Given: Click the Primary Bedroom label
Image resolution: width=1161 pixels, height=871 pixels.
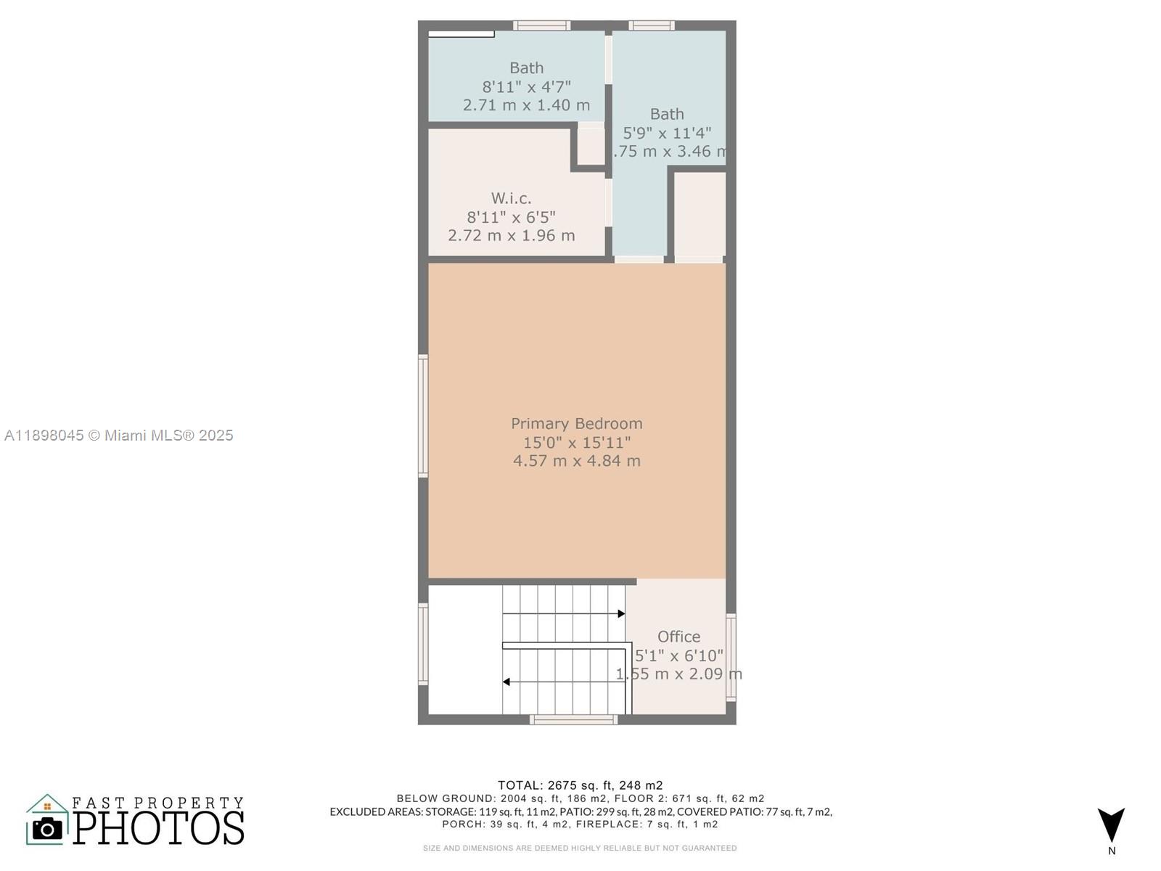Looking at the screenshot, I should (576, 423).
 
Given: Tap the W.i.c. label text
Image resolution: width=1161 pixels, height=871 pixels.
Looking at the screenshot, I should (511, 197).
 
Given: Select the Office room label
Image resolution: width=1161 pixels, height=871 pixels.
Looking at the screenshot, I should (678, 637).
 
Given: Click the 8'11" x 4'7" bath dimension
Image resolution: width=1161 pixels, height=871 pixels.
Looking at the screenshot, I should (526, 86).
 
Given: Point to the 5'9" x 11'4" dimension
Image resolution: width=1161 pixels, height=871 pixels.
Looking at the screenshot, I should (667, 133).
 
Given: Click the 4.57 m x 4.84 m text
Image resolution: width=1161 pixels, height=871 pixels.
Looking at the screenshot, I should (576, 460).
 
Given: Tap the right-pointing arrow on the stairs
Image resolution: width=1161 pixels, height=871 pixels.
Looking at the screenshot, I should (621, 614).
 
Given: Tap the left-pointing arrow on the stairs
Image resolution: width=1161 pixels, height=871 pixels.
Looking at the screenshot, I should (506, 682).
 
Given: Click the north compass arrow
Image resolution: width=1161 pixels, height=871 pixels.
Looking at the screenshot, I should (1111, 825).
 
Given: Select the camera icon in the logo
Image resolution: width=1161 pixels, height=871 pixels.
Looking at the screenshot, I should (48, 828).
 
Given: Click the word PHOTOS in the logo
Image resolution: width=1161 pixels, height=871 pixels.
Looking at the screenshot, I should (158, 828).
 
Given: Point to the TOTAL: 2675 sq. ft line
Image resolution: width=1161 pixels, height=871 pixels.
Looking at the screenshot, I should (580, 785).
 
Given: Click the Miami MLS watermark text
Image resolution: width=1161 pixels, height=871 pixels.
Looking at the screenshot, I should (119, 435).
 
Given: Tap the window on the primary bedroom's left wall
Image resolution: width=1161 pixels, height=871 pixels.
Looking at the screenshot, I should (423, 415).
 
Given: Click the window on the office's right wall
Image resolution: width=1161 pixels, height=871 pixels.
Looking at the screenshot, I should (731, 657).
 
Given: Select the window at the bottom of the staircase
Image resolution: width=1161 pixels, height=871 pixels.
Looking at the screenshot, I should (573, 719).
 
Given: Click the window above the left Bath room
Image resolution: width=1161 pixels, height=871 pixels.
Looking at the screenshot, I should (541, 25).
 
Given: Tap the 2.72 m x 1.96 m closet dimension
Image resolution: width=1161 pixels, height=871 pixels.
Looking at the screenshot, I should (511, 235).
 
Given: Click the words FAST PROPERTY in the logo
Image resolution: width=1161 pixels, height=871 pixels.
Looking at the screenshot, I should (157, 802).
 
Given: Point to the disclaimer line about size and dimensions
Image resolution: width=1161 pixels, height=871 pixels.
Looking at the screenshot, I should (580, 848).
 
